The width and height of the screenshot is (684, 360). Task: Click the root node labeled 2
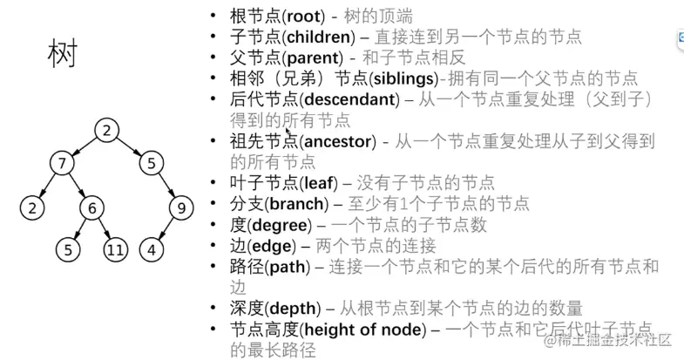tap(105, 132)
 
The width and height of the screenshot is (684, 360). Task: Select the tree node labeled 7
tap(61, 163)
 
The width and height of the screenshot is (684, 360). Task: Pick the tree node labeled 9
tap(180, 207)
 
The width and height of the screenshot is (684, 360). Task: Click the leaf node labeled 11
tap(116, 250)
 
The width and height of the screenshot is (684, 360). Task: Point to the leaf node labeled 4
tap(152, 250)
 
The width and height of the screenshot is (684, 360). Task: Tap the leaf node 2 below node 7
tap(31, 208)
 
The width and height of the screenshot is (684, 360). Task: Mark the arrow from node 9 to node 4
tap(166, 229)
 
